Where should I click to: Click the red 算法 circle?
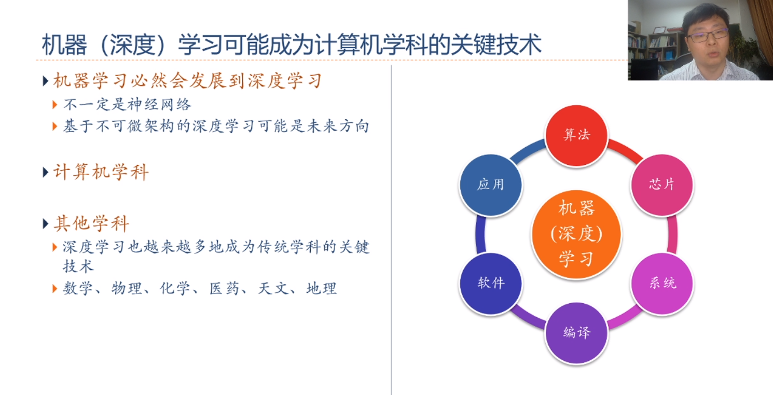pyautogui.click(x=576, y=135)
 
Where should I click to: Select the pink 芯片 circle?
pyautogui.click(x=662, y=185)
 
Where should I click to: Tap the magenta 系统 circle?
pyautogui.click(x=662, y=283)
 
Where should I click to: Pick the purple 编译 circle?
pyautogui.click(x=576, y=332)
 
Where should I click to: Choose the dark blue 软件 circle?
pyautogui.click(x=491, y=283)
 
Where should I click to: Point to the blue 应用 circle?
pyautogui.click(x=491, y=185)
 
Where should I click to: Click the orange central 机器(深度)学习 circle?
pyautogui.click(x=576, y=234)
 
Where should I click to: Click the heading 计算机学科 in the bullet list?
pyautogui.click(x=101, y=172)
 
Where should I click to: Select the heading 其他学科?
pyautogui.click(x=91, y=224)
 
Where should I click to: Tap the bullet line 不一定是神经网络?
pyautogui.click(x=127, y=105)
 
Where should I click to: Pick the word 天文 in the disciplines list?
pyautogui.click(x=273, y=288)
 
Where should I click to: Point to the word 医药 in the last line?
pyautogui.click(x=224, y=288)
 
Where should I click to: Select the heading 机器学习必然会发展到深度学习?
pyautogui.click(x=188, y=81)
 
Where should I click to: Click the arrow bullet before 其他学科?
pyautogui.click(x=46, y=224)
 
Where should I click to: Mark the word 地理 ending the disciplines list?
pyautogui.click(x=322, y=288)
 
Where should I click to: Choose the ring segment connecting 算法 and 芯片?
pyautogui.click(x=625, y=149)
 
